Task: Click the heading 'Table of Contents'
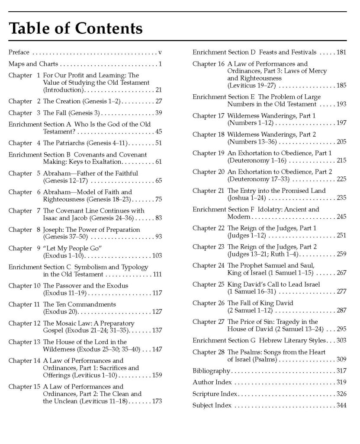76,28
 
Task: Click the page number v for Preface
160,52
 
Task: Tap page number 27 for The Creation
158,101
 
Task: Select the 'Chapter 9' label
20,248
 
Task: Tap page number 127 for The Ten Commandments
156,311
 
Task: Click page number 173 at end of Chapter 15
156,401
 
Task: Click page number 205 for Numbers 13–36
341,141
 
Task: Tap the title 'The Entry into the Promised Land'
276,191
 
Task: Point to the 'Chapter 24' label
208,265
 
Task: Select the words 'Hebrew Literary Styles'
292,340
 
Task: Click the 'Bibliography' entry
211,371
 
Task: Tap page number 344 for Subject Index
341,405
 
